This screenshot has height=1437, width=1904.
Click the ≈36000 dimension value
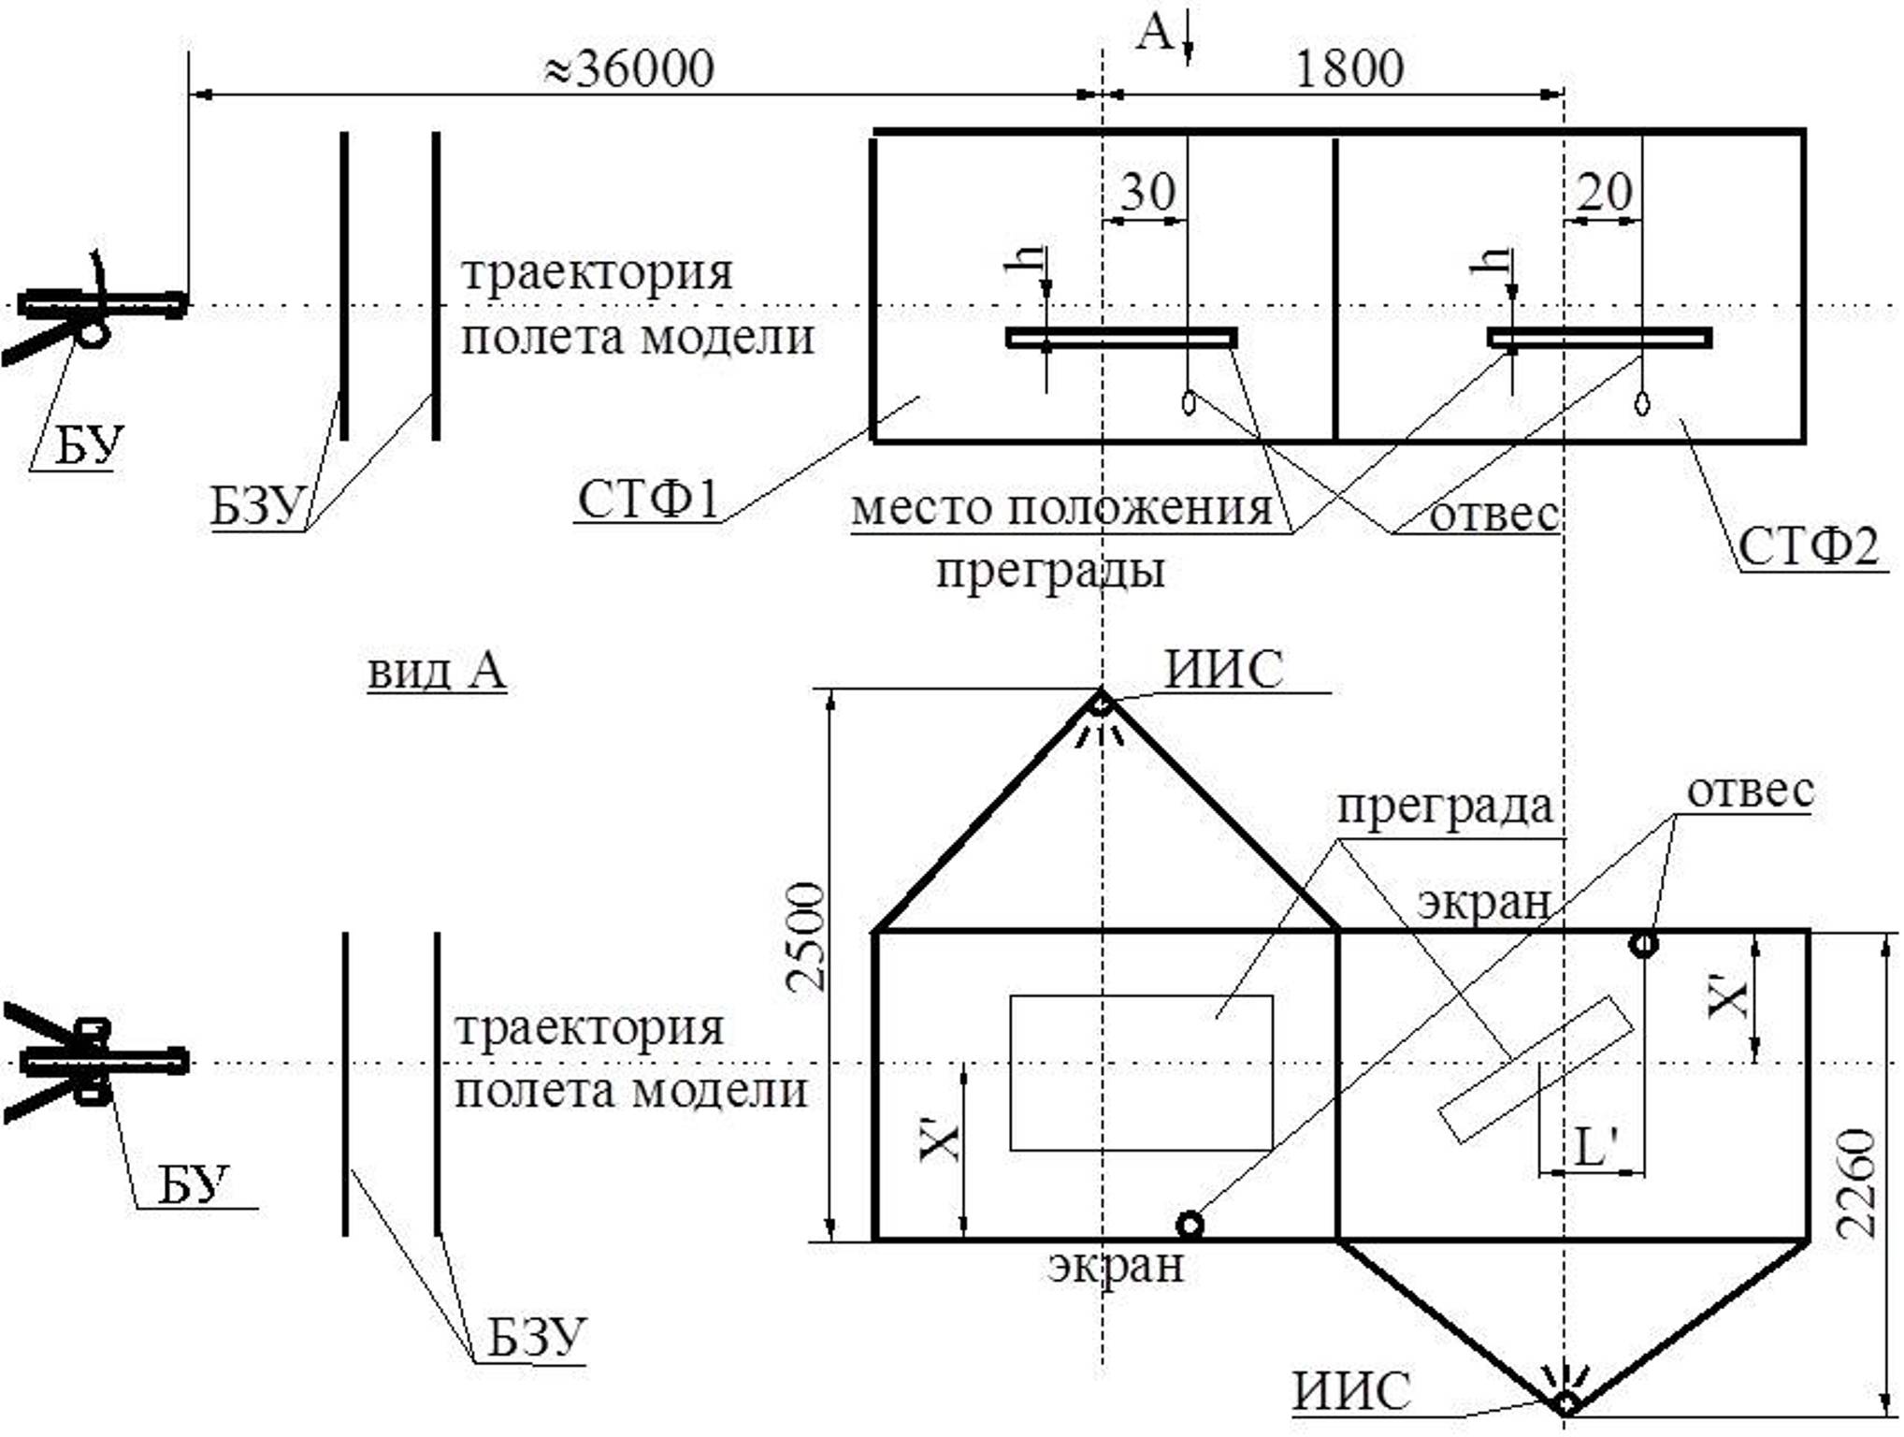click(629, 68)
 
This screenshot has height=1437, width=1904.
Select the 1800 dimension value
click(1349, 68)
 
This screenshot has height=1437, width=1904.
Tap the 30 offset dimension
click(1147, 192)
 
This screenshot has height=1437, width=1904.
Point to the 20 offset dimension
click(1604, 192)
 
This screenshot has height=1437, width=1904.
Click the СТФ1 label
click(648, 499)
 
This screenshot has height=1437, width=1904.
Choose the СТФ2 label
click(1809, 546)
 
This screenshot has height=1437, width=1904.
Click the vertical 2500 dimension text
click(805, 936)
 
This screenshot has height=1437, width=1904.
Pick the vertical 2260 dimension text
click(1855, 1184)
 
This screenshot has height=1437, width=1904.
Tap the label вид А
click(437, 670)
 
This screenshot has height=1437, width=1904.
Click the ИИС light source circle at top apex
click(1101, 704)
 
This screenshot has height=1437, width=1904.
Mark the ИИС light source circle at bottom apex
click(1565, 1404)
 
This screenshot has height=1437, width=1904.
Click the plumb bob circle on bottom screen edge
click(1190, 1225)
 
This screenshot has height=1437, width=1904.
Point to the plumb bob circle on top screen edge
click(1644, 944)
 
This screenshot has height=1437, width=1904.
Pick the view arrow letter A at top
click(1156, 33)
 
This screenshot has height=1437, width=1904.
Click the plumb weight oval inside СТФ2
click(1642, 404)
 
